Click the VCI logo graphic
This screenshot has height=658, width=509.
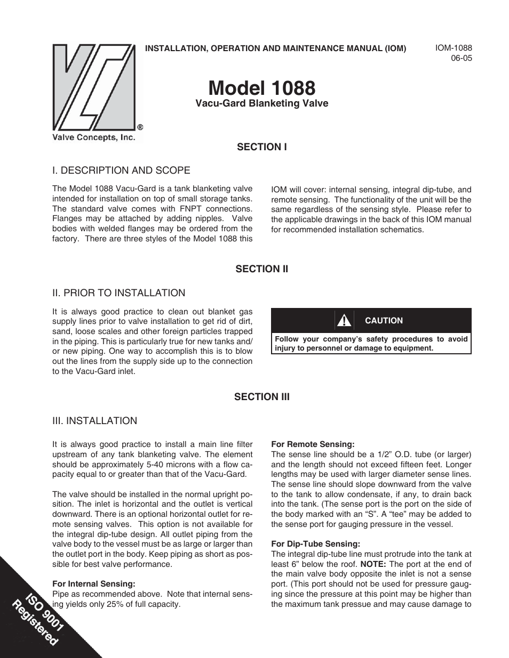click(94, 87)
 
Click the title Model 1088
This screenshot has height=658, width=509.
click(261, 88)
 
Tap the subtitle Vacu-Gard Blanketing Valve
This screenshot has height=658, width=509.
click(261, 103)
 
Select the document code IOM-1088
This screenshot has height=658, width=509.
click(454, 48)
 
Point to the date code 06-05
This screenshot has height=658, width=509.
click(462, 58)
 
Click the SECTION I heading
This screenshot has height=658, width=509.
click(261, 147)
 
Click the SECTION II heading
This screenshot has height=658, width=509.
click(261, 269)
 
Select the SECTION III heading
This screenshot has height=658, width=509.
click(261, 397)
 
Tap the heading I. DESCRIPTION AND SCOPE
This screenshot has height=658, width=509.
click(121, 170)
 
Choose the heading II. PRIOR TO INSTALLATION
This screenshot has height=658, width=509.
click(118, 293)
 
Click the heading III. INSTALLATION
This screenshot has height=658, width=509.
click(94, 421)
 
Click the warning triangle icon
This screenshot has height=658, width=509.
click(344, 321)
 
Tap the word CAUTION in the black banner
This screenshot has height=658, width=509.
click(384, 321)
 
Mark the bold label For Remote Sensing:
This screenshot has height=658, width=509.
click(313, 444)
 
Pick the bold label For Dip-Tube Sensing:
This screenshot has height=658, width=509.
click(315, 544)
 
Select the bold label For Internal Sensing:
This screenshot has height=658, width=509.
click(93, 584)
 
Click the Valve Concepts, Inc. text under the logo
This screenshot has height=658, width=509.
click(93, 137)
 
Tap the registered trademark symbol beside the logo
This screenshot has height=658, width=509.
click(140, 127)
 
